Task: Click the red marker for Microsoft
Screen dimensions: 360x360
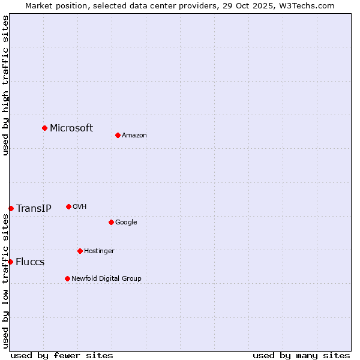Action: tap(44, 128)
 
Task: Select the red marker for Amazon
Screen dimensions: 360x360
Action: tap(118, 135)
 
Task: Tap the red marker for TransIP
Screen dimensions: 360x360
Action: tap(11, 208)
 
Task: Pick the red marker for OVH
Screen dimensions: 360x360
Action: tap(68, 206)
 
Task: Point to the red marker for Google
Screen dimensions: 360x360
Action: tap(111, 222)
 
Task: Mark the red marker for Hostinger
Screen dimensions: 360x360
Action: tap(80, 251)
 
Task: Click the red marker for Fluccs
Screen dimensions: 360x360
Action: tap(10, 262)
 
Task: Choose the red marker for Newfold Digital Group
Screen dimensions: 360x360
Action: tap(67, 278)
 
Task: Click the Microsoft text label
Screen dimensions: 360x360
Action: tap(71, 128)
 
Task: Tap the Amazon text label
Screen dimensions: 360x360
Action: tap(134, 135)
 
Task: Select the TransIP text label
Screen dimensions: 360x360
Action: tap(34, 209)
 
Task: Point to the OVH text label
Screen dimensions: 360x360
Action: tap(80, 206)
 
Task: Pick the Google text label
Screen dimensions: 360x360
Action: tap(126, 222)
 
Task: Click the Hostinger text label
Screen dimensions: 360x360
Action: tap(99, 251)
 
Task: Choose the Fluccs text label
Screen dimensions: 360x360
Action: tap(30, 262)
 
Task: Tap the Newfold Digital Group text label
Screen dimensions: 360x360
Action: tap(106, 278)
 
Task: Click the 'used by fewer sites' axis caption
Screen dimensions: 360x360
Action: tap(62, 355)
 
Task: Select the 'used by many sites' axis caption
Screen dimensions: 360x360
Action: tap(301, 355)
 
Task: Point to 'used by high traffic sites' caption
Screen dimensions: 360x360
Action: tap(5, 85)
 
